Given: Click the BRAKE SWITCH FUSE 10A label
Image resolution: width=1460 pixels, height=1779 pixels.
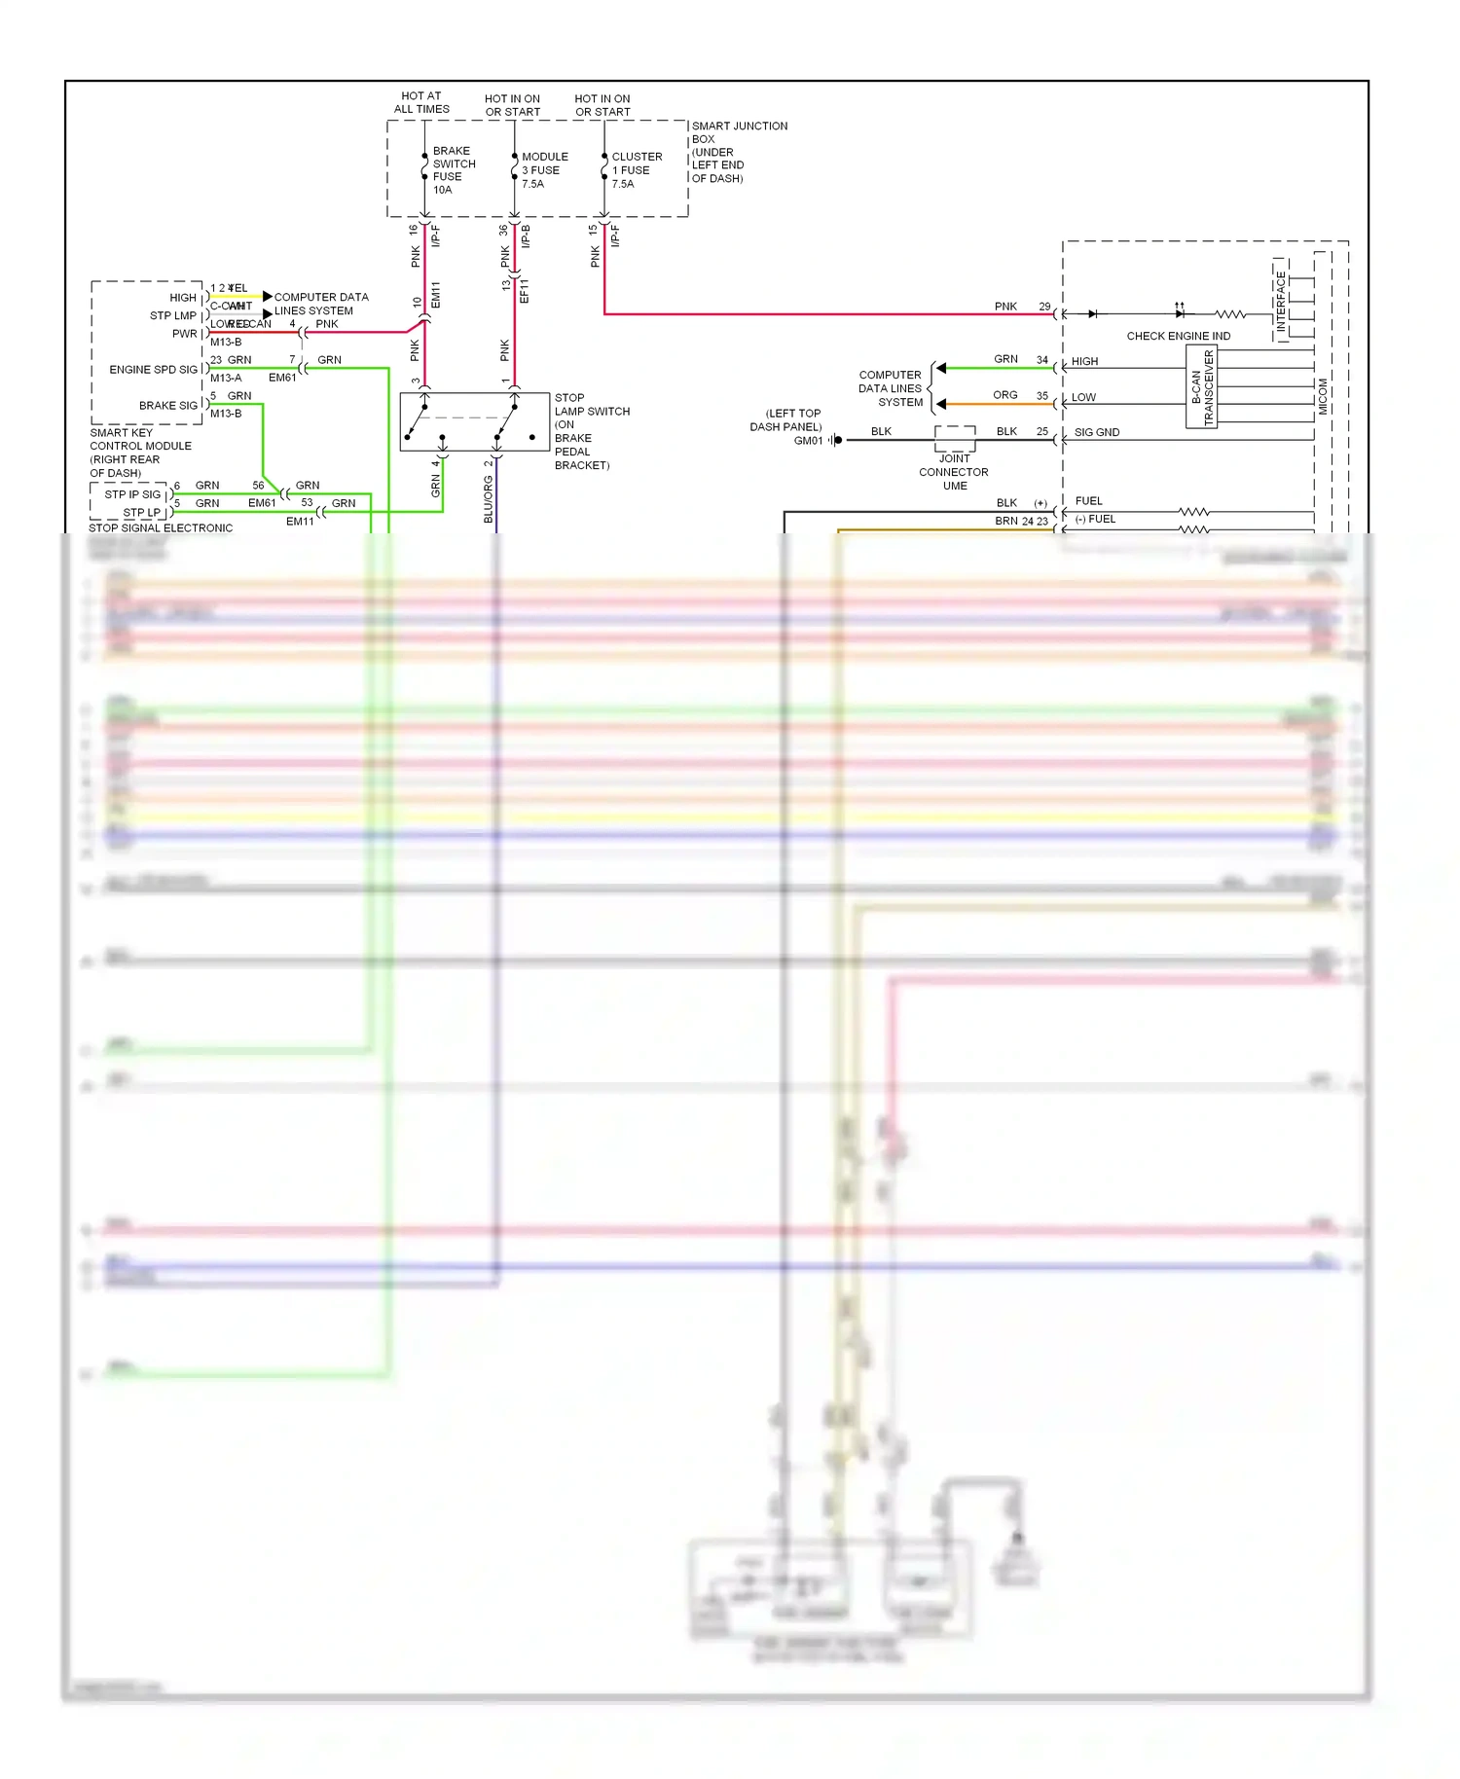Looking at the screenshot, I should tap(453, 170).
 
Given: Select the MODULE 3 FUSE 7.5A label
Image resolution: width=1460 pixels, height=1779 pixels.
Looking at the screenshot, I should tap(543, 170).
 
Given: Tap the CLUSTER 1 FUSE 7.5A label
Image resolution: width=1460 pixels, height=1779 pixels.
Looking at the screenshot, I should tap(636, 170).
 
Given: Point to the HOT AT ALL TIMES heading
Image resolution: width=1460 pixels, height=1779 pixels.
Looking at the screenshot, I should tap(421, 102).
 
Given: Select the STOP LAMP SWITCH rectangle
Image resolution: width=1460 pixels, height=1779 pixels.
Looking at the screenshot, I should tap(474, 421).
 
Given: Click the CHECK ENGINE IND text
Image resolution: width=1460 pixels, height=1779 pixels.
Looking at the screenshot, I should tap(1178, 336).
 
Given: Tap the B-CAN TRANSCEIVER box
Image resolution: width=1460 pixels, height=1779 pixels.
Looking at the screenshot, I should tap(1202, 388).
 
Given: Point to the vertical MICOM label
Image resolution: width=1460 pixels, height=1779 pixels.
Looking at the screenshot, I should tap(1322, 396).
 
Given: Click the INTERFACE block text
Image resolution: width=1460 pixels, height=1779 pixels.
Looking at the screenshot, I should tap(1280, 302).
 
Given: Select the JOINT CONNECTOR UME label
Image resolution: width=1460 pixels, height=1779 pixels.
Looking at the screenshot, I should tap(954, 472).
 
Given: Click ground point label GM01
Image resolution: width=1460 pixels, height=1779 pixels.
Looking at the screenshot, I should tap(808, 441).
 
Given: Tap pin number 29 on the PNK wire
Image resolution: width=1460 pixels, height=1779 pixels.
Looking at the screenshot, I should tap(1043, 307).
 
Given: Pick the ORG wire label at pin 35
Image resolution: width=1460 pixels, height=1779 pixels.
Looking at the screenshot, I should tap(1004, 395).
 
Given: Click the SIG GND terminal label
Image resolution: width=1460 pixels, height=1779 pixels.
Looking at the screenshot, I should tap(1096, 432).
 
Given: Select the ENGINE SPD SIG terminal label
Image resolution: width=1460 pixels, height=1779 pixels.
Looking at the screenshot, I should tap(153, 370).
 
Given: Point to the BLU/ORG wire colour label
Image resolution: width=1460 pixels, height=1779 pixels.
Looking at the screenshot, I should tap(489, 499).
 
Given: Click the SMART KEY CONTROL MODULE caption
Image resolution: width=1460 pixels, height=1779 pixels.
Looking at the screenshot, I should tap(140, 453).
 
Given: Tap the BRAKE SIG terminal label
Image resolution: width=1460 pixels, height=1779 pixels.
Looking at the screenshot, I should tap(167, 406).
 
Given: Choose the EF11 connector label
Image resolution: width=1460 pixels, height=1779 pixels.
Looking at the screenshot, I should tap(525, 290).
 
